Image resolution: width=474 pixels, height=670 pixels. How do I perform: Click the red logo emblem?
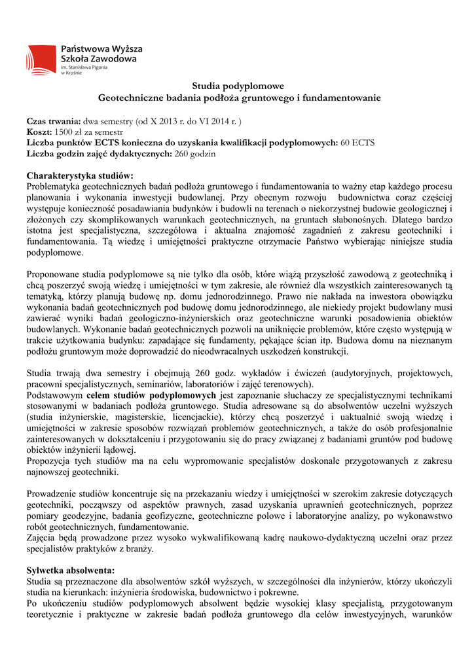pos(41,59)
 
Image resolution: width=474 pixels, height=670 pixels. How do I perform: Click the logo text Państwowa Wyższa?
pos(101,49)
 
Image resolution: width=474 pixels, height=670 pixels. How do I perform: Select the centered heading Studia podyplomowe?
pos(238,86)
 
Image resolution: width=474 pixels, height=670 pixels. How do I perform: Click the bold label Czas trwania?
pos(54,122)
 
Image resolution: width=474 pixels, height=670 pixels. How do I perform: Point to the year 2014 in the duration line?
pos(218,122)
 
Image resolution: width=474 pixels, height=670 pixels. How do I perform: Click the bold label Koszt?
pos(39,132)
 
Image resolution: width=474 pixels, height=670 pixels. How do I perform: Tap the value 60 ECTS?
pos(357,143)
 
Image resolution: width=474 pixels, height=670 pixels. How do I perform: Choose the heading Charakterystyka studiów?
pos(79,175)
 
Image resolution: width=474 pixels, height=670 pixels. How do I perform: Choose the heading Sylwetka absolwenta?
pos(70,570)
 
